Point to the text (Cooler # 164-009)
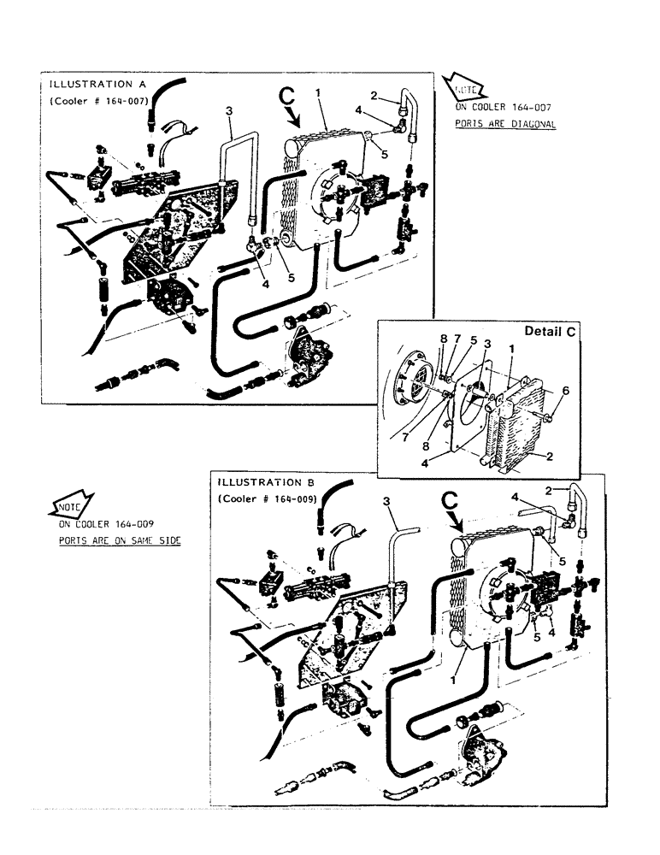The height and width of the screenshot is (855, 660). (x=268, y=498)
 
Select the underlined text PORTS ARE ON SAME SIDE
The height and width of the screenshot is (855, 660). (x=120, y=541)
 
